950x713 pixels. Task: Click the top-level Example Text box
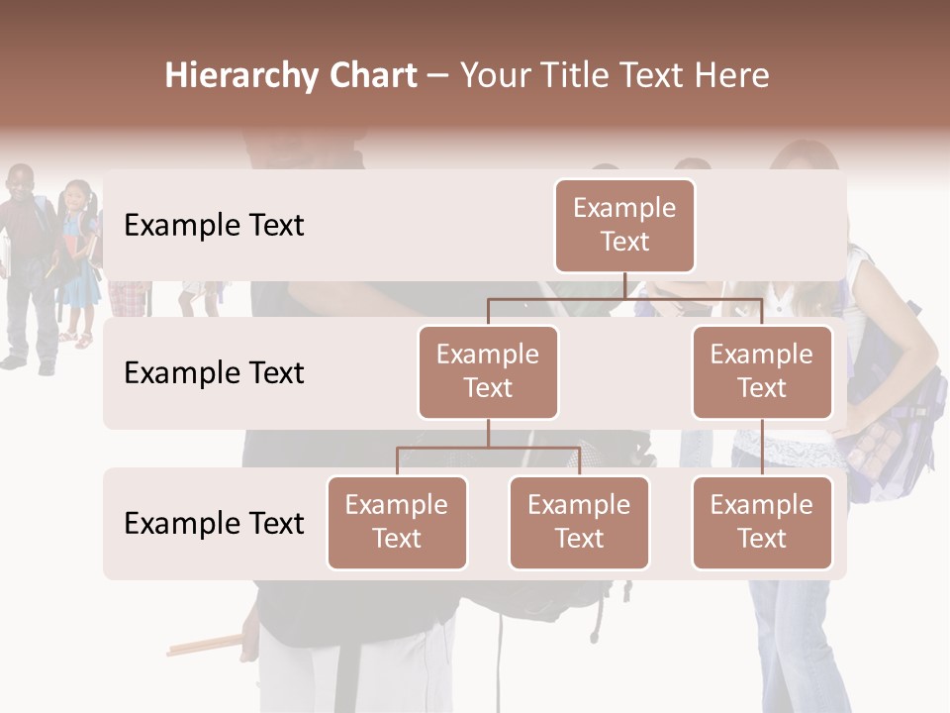[624, 225]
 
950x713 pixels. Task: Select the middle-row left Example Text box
[488, 371]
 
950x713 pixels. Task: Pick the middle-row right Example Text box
[762, 371]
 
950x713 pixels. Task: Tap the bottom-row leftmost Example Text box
[397, 522]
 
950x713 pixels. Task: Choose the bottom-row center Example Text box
[579, 522]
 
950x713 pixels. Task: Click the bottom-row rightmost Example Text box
[762, 522]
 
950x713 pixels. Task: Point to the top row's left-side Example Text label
[214, 225]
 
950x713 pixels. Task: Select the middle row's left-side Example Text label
[214, 372]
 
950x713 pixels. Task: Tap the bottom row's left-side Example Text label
[214, 523]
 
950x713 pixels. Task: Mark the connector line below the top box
[624, 285]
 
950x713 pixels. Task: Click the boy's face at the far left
[19, 184]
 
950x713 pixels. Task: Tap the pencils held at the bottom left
[203, 645]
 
